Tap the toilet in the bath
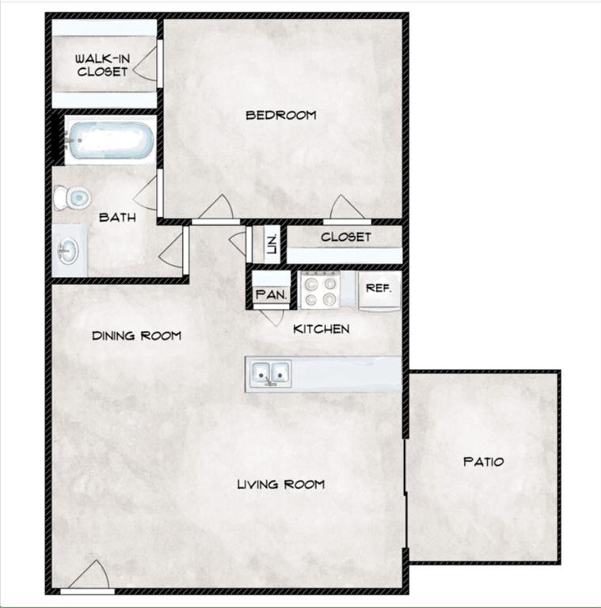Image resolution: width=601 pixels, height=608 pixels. pos(71,197)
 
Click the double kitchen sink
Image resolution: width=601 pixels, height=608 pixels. pos(269,372)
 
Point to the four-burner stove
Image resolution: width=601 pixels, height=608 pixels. pos(321,290)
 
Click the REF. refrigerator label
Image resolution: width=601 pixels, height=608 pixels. pos(378,288)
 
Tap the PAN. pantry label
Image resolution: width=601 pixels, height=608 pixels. pos(270,295)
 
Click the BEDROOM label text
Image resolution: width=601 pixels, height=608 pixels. pos(280,115)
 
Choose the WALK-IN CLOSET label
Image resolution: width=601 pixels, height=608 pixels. pos(101,65)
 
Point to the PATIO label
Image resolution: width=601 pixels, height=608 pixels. pos(483,462)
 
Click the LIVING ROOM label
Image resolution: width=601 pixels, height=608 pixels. pos(280,484)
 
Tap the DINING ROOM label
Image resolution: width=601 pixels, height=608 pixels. pos(136,336)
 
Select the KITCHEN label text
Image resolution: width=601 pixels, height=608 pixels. pos(321,329)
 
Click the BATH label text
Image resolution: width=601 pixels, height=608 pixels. pos(116,217)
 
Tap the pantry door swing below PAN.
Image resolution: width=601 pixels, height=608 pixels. pos(273,314)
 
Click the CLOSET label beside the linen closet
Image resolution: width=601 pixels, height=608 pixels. pos(346,237)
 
